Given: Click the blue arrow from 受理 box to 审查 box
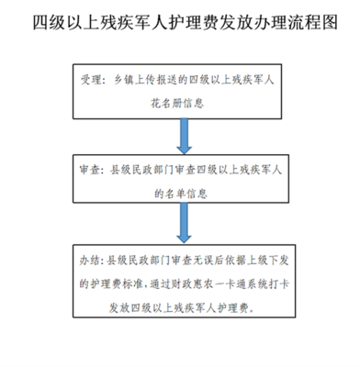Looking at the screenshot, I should tap(180, 134).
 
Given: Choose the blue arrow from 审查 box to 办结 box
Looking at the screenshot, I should tap(180, 225).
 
